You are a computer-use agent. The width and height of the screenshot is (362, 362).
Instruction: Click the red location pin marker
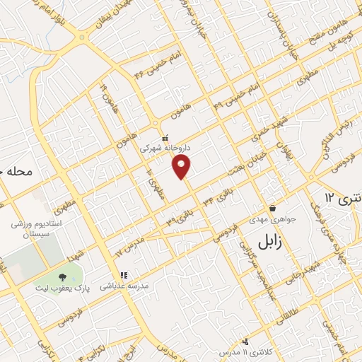pos(182,168)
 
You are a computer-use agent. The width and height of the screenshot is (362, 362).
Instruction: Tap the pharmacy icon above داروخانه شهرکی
pos(165,139)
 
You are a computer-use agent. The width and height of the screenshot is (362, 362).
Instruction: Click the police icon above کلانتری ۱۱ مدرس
pos(245,341)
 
